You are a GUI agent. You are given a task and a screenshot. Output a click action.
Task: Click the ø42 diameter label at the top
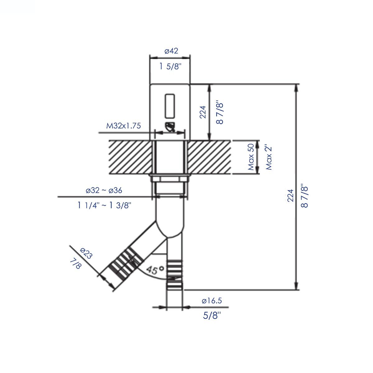pos(171,51)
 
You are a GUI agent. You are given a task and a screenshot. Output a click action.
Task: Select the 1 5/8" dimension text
pos(170,66)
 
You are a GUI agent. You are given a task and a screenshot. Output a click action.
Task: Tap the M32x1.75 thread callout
pos(123,126)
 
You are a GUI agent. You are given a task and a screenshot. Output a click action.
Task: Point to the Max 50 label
pos(251,157)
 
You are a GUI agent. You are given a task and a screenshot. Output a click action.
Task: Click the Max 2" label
pos(269,157)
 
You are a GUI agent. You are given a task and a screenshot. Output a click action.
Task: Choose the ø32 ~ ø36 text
pos(104,190)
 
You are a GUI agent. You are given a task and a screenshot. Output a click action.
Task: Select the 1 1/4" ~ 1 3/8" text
pos(105,205)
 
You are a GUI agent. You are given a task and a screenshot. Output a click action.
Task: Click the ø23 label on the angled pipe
pos(86,253)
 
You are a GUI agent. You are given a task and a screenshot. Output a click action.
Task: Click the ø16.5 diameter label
pos(211,301)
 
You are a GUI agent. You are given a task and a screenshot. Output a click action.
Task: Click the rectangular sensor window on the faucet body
pos(170,106)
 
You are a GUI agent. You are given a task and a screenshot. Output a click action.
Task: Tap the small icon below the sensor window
pos(170,127)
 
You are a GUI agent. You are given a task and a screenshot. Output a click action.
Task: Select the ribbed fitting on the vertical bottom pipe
pos(176,274)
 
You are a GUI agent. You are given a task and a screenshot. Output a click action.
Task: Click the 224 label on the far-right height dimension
pos(290,196)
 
